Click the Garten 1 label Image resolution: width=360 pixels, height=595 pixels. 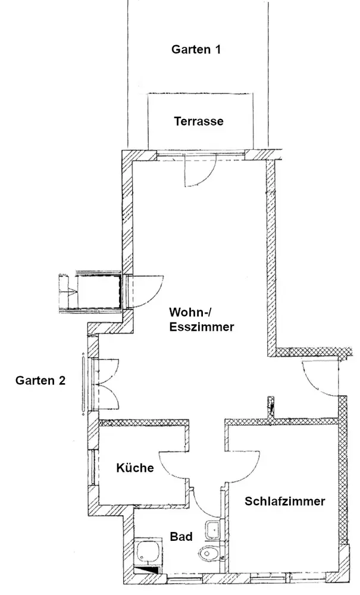pos(196,49)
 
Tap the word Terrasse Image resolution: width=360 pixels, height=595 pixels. pos(199,121)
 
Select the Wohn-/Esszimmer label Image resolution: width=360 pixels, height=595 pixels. pos(201,320)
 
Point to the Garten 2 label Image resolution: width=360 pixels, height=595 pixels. pos(40,380)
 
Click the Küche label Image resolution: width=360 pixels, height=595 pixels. pos(135,468)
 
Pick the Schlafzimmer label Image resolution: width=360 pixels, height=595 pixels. pos(284,501)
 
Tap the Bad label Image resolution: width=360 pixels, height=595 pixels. pos(181,537)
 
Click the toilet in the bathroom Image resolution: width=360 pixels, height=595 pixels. pos(209,553)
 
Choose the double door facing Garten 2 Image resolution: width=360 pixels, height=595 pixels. pos(108,383)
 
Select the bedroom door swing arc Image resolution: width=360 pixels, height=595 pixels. pos(244,463)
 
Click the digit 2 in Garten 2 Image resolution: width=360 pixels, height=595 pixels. pos(61,380)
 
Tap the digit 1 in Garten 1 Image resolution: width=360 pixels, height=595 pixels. pos(217,49)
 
